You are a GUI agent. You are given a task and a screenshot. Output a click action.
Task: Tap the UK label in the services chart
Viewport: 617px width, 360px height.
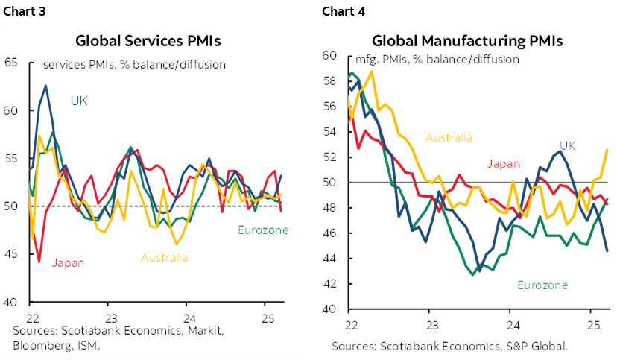point(79,101)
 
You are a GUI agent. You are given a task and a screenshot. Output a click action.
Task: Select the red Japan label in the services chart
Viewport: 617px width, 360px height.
point(68,262)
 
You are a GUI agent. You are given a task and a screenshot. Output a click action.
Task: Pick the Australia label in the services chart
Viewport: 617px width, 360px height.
point(164,258)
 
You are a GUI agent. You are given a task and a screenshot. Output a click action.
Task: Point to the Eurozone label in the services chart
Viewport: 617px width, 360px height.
point(262,230)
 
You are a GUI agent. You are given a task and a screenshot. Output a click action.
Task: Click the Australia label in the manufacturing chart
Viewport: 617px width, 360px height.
point(449,137)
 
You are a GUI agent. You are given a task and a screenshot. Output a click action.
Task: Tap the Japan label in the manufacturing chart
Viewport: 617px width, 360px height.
point(503,164)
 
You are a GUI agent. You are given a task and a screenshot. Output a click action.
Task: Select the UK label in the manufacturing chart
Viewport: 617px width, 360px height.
point(568,145)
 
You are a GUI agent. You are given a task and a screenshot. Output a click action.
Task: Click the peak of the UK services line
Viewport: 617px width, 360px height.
point(45,86)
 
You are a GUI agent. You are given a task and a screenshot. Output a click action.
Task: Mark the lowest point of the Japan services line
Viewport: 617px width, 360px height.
point(39,262)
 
